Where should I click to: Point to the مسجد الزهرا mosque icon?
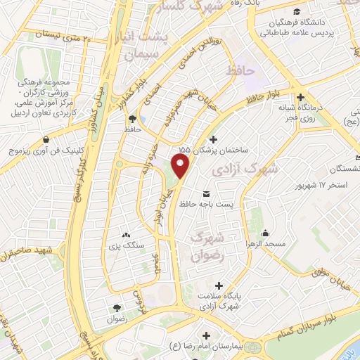[266, 233]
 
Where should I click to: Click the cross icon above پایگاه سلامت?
[220, 286]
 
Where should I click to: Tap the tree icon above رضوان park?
[117, 307]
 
